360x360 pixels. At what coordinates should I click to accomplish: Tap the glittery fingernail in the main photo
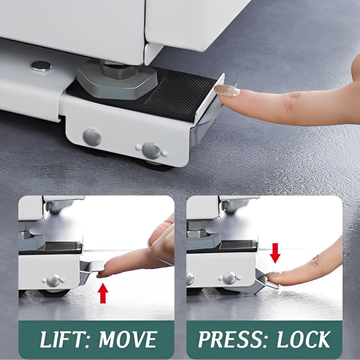pyautogui.click(x=227, y=90)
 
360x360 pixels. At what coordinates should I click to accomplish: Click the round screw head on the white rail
pyautogui.click(x=41, y=66)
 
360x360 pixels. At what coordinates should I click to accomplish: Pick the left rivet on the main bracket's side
pyautogui.click(x=92, y=137)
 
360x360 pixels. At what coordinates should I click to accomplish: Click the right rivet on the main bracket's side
pyautogui.click(x=151, y=150)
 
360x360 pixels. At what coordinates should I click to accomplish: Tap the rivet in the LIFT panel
pyautogui.click(x=54, y=280)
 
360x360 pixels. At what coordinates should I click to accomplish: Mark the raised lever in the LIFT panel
pyautogui.click(x=91, y=267)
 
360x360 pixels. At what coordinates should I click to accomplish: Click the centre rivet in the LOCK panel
pyautogui.click(x=229, y=278)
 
